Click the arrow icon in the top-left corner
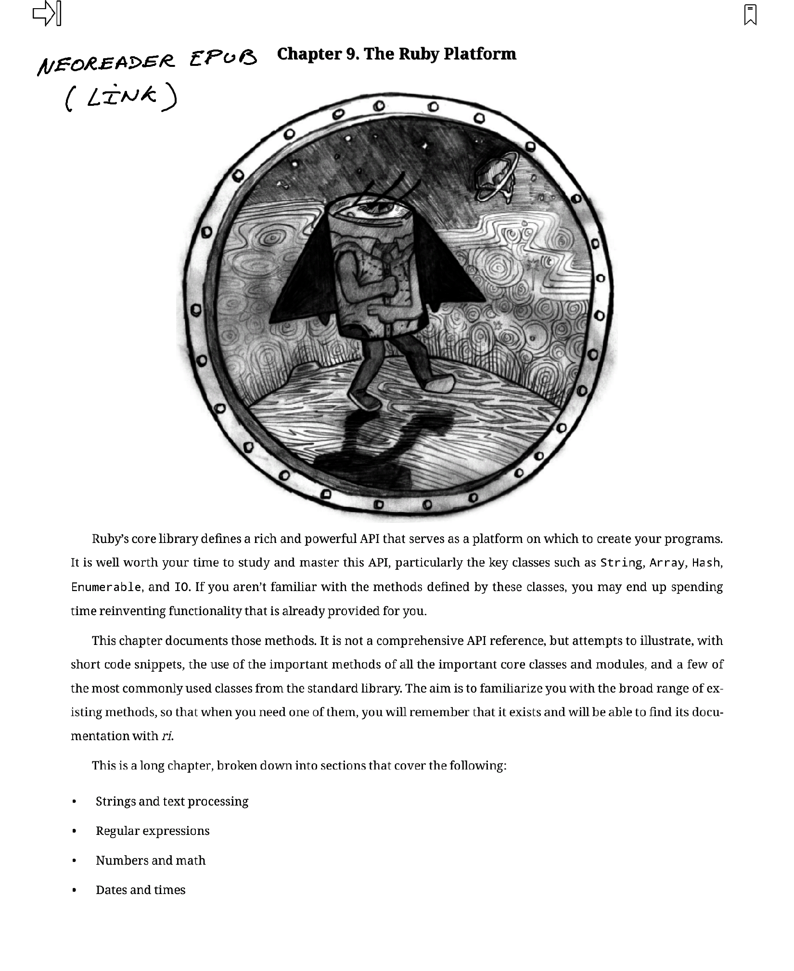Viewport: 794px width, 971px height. [47, 13]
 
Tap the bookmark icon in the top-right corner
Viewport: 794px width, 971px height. [750, 14]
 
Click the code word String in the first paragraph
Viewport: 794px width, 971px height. [621, 563]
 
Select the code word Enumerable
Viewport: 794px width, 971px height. [106, 587]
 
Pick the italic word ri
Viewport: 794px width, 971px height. [167, 736]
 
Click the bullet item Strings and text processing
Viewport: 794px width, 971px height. [172, 801]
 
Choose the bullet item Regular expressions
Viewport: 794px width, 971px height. [153, 831]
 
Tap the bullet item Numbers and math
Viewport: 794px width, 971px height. [151, 860]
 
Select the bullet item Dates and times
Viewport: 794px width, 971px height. [141, 890]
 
